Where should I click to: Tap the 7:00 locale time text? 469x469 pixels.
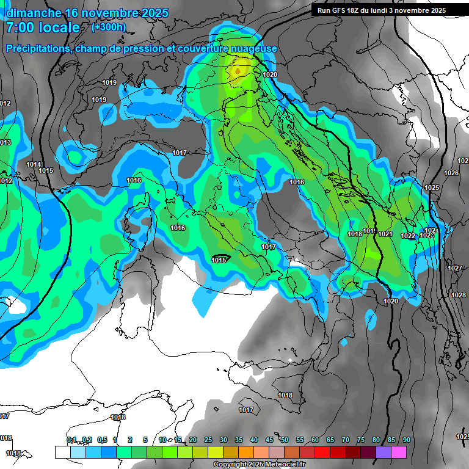click(x=43, y=28)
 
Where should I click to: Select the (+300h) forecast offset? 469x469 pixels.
click(x=109, y=27)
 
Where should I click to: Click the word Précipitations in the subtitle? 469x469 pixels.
click(x=37, y=49)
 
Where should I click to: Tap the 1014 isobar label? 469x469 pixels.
click(x=34, y=165)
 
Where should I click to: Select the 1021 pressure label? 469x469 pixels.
click(x=385, y=234)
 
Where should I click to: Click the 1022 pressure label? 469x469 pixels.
click(x=408, y=236)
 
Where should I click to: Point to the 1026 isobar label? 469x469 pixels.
click(x=451, y=173)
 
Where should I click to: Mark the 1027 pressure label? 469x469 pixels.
click(x=454, y=269)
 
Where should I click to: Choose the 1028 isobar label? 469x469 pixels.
click(x=458, y=296)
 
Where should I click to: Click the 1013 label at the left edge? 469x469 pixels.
click(x=5, y=143)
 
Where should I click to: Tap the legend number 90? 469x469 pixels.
click(x=406, y=440)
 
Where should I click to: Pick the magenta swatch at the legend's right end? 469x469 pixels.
click(x=399, y=452)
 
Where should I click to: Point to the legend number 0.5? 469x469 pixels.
click(x=102, y=440)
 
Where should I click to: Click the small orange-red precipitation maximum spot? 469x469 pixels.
click(x=237, y=71)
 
